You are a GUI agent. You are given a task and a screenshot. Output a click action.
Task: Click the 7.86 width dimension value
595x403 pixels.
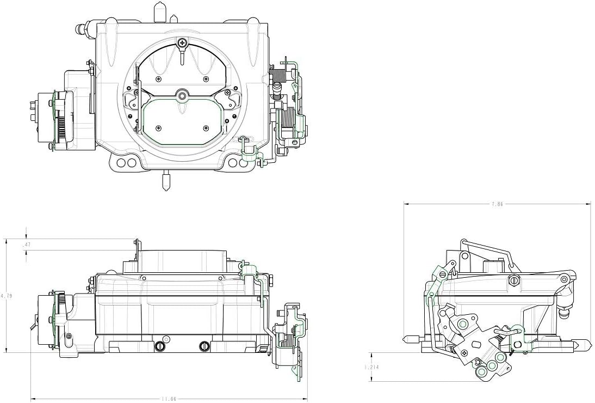tap(497, 204)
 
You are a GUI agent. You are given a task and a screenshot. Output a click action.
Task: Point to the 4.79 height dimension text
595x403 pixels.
tap(6, 296)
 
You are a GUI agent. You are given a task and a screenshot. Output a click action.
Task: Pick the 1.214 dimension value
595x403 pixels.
tap(371, 367)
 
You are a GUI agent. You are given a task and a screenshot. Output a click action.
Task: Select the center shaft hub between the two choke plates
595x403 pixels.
tap(182, 96)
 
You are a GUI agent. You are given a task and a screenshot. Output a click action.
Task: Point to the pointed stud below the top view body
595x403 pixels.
tap(166, 180)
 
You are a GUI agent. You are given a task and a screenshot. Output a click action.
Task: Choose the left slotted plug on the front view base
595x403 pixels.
tap(160, 345)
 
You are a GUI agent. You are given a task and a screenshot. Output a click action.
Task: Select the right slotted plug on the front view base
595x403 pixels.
tap(204, 345)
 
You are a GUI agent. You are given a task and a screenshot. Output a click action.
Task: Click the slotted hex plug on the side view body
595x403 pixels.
tap(513, 281)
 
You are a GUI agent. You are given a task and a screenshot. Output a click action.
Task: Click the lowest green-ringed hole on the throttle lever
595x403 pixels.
tap(481, 373)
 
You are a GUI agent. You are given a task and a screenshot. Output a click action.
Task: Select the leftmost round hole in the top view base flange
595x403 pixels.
tap(121, 163)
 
